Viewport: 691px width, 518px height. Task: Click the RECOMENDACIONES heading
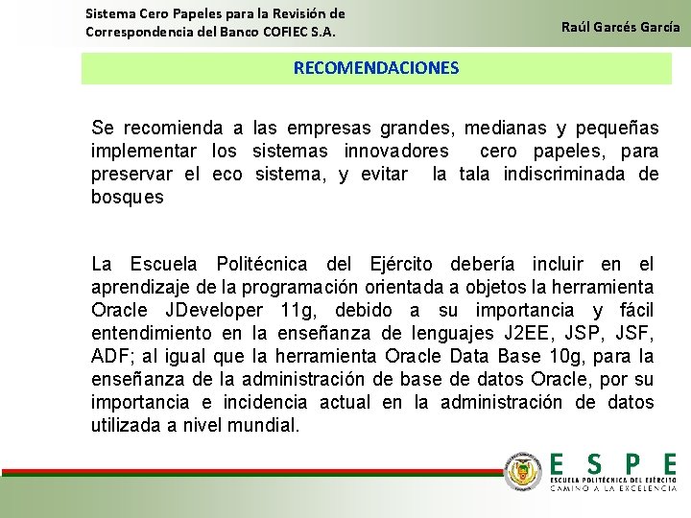click(376, 68)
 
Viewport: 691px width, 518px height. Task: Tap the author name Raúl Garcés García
click(620, 27)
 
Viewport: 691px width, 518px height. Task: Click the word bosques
click(127, 198)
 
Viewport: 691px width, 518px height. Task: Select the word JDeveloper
click(214, 310)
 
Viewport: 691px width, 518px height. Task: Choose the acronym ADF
click(111, 356)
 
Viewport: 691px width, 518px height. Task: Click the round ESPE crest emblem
click(524, 470)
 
